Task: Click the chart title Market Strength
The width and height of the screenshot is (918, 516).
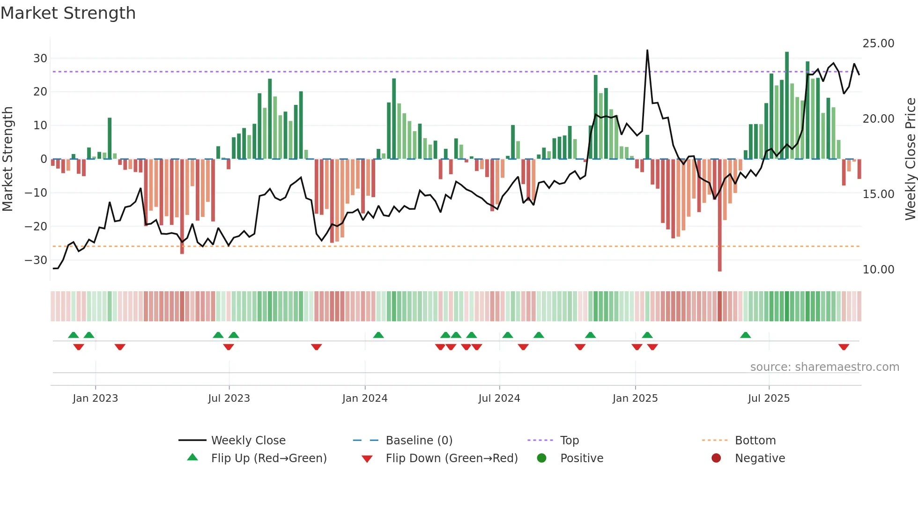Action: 68,13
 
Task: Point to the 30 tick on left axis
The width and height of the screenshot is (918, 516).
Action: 40,59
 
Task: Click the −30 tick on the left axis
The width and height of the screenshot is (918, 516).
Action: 37,260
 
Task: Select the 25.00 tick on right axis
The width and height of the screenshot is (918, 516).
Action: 878,44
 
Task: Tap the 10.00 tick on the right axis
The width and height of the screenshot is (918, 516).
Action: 878,270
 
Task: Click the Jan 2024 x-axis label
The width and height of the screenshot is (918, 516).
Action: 365,398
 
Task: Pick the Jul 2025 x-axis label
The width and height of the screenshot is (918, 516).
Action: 769,398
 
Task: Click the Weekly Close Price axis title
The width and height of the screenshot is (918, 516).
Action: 910,159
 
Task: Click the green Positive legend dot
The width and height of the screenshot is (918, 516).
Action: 542,458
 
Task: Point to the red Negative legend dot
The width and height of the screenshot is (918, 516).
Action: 716,458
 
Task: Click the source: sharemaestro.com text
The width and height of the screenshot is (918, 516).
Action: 824,367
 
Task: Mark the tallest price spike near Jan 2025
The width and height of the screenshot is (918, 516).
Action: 647,51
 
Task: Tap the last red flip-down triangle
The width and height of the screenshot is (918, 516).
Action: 844,347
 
